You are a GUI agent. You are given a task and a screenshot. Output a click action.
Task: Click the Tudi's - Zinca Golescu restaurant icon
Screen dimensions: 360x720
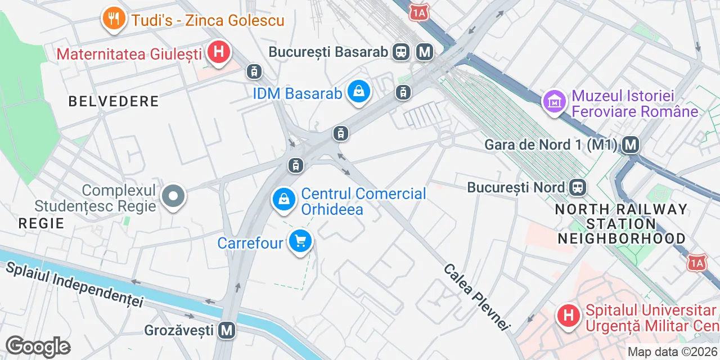click(114, 19)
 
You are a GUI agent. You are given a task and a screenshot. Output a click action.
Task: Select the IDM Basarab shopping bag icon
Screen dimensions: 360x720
click(358, 91)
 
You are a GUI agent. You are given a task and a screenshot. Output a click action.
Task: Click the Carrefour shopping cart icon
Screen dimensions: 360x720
click(301, 241)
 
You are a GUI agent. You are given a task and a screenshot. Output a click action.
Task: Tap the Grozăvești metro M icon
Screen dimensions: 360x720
click(227, 330)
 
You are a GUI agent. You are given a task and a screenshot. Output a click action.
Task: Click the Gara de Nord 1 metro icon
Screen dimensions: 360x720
click(631, 145)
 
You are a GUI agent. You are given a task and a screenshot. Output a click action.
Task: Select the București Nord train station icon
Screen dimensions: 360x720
click(578, 187)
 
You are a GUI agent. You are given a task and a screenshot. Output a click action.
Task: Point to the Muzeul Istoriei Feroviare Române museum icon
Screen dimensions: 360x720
click(555, 102)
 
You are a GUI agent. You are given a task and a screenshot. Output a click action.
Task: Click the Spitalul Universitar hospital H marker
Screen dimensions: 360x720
click(569, 314)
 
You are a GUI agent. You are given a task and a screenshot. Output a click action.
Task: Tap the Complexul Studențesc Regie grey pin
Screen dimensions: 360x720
click(173, 197)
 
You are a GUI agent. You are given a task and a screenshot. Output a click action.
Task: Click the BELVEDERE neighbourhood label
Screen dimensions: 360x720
click(114, 102)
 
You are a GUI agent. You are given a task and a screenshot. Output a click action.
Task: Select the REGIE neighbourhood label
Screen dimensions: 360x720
click(42, 223)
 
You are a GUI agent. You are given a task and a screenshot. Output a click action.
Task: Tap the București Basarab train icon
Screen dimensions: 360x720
click(402, 52)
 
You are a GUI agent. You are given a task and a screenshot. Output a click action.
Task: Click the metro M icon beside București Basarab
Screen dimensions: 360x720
click(425, 52)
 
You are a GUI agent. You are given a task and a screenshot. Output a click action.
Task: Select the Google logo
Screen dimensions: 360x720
click(38, 346)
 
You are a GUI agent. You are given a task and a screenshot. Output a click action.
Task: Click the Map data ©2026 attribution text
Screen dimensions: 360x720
click(673, 352)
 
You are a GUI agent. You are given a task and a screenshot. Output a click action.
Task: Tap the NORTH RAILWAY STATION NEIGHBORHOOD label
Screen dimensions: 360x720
click(621, 224)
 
